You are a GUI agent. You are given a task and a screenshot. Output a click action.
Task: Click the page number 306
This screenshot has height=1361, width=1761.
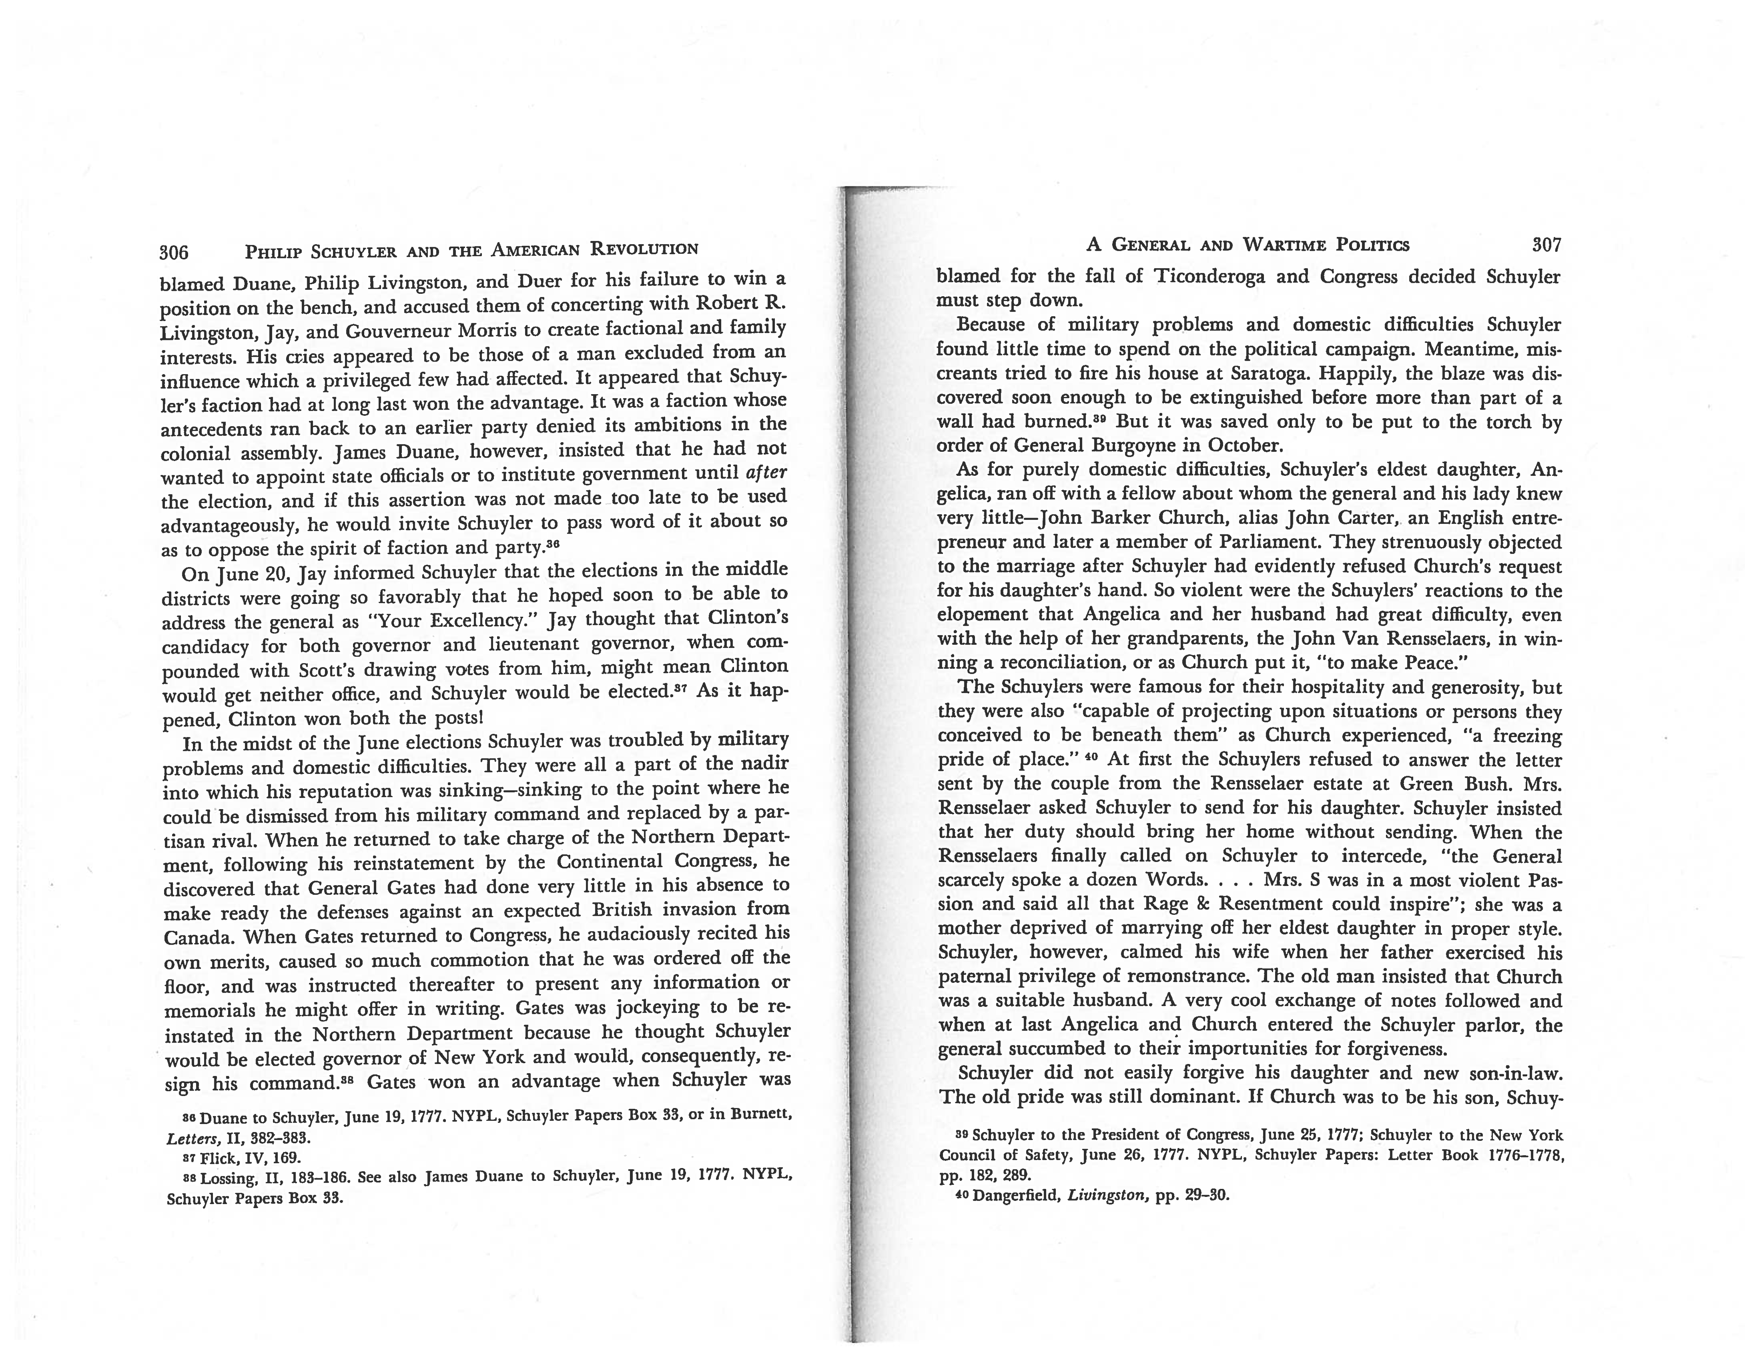(174, 252)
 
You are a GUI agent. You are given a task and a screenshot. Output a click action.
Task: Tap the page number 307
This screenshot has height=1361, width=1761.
(1546, 245)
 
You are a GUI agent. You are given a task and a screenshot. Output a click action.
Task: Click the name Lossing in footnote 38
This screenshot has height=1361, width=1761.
(227, 1178)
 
